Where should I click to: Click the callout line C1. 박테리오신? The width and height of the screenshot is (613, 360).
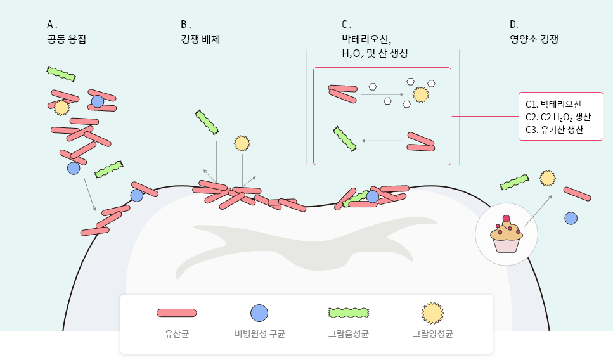pyautogui.click(x=553, y=104)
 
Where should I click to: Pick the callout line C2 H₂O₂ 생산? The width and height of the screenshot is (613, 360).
pyautogui.click(x=558, y=117)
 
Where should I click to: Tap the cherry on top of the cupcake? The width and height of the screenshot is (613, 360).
pyautogui.click(x=506, y=219)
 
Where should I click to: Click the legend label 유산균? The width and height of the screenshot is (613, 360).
pyautogui.click(x=176, y=333)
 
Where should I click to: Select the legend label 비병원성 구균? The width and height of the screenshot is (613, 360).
pyautogui.click(x=259, y=333)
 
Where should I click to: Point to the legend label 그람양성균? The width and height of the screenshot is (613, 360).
pyautogui.click(x=432, y=333)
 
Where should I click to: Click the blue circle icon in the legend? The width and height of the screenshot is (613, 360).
pyautogui.click(x=259, y=312)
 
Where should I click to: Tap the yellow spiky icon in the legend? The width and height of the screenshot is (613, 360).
pyautogui.click(x=432, y=312)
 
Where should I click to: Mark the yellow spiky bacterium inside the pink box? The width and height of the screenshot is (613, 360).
pyautogui.click(x=420, y=95)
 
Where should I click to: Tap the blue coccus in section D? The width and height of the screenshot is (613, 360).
pyautogui.click(x=571, y=218)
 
